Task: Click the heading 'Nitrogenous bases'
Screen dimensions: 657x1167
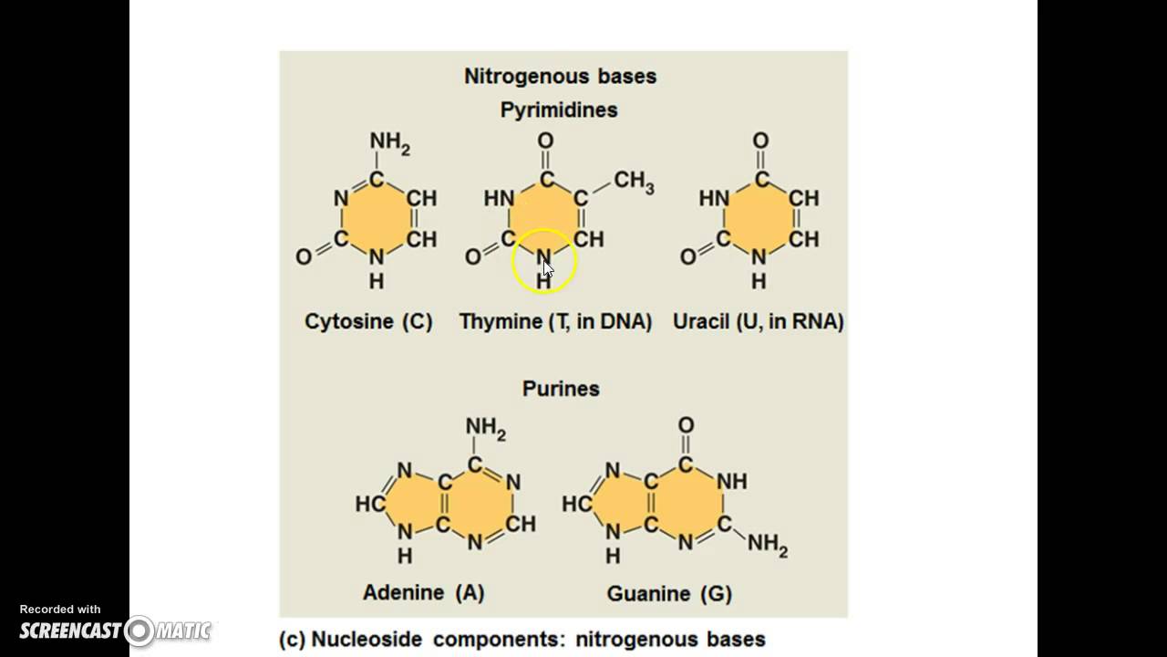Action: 560,77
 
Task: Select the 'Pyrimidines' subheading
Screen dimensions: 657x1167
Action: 559,110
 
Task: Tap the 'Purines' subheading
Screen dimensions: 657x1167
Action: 561,389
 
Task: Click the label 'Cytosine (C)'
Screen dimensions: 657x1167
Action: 368,321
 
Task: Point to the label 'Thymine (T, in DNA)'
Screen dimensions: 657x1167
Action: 555,321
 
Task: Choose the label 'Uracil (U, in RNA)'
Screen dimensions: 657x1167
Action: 759,321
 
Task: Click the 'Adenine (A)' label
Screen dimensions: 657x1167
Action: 424,592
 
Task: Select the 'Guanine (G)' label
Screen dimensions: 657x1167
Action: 669,594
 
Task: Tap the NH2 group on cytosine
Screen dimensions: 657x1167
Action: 389,142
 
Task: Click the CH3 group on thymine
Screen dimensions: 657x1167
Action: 634,182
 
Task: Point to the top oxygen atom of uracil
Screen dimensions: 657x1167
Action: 760,141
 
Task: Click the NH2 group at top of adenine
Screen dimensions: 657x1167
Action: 485,427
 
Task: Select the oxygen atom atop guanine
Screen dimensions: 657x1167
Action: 686,425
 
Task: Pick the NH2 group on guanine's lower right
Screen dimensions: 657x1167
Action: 767,545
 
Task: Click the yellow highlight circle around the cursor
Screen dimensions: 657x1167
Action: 544,261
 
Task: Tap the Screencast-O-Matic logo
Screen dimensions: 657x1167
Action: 115,630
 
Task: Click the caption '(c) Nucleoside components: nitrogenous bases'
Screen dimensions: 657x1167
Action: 522,639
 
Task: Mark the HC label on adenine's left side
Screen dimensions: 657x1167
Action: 369,504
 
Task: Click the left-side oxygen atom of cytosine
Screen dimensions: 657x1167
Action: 304,257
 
